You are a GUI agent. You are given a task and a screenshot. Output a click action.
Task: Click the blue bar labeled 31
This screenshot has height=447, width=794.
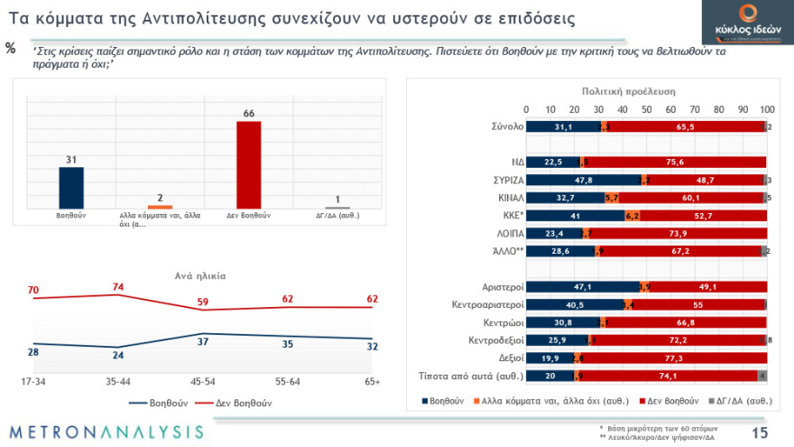pos(71,188)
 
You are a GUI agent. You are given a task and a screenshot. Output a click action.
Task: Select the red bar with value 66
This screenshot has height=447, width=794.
pos(248,164)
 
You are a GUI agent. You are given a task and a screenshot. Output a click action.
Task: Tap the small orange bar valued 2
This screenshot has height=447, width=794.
pos(159,208)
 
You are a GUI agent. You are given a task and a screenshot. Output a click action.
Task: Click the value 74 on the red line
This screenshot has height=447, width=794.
pos(116,287)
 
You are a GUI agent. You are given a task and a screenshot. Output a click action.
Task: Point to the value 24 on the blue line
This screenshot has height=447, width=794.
pos(117,355)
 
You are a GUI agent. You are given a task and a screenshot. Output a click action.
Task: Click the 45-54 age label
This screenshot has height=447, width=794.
pos(204,381)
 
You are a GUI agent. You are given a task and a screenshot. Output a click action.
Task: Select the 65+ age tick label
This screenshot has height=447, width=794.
pos(371,381)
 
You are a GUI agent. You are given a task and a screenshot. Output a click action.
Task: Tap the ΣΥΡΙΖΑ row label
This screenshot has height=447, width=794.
pos(494,180)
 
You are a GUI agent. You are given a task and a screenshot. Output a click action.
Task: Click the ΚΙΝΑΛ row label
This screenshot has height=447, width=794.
pos(499,197)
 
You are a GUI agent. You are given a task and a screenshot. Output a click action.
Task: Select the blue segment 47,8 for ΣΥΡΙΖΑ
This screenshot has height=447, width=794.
pos(583,180)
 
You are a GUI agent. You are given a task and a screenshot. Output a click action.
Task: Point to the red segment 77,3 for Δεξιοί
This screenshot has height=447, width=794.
pos(675,358)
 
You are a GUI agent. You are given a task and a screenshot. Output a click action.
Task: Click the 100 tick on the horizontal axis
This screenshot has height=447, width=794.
pos(766,109)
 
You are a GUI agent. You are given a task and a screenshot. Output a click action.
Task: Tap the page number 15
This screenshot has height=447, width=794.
pos(760,433)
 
